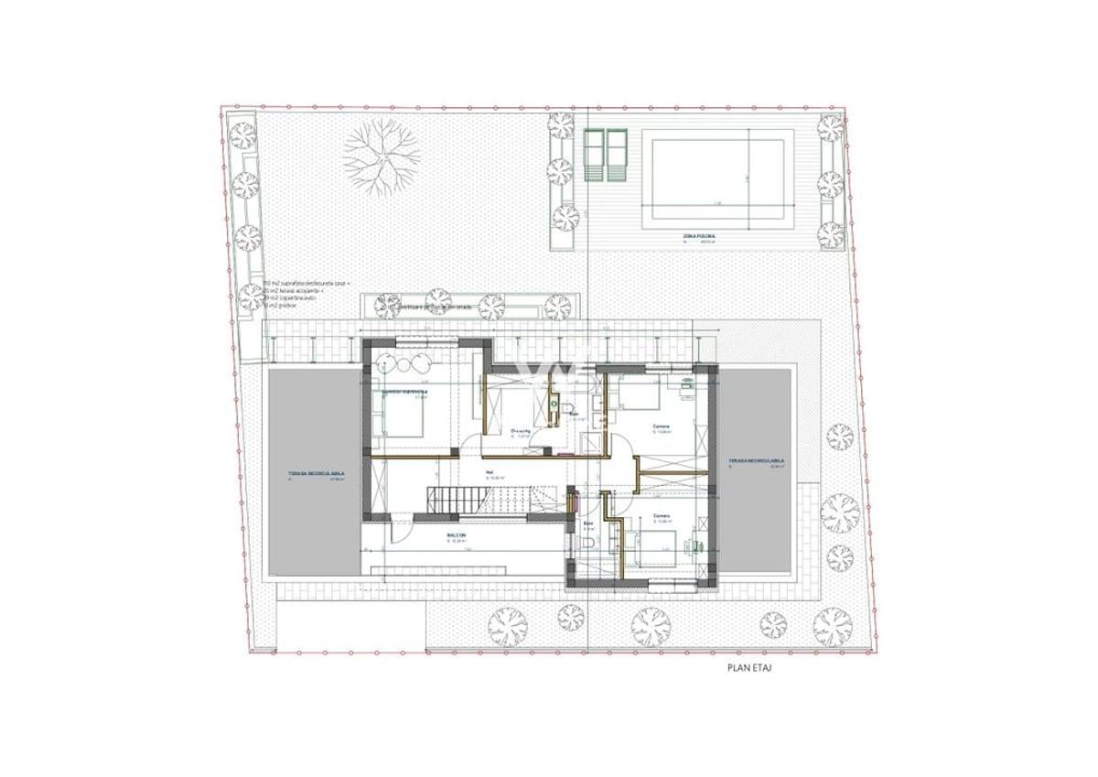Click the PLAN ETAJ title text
pos(749,668)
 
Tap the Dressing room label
pos(522,431)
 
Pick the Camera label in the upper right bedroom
pos(661,426)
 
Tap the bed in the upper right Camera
pos(644,397)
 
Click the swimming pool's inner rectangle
pos(716,175)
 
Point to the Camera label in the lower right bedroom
pos(662,516)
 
